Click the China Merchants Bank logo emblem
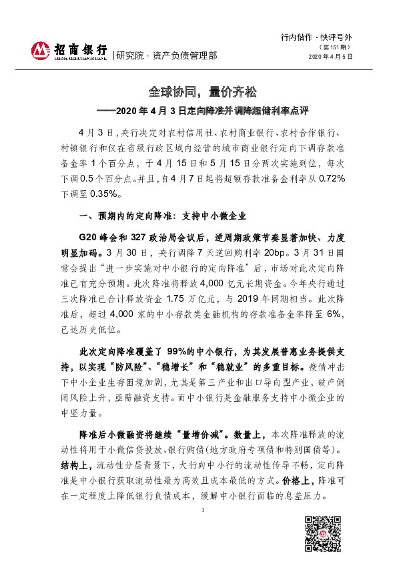(x=42, y=51)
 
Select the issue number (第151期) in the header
(x=336, y=48)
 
